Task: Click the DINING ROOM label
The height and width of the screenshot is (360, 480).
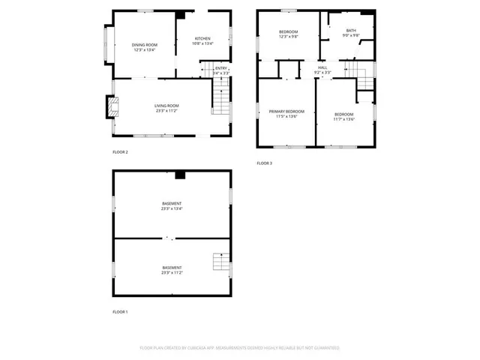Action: (144, 45)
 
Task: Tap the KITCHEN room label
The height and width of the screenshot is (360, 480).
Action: (202, 38)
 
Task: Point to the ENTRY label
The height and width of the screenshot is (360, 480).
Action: (221, 68)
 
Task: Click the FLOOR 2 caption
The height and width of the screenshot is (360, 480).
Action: (120, 152)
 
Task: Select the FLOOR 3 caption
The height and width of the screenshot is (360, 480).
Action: (264, 163)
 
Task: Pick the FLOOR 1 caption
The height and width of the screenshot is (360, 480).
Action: (120, 311)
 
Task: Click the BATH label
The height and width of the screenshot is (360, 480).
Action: (351, 30)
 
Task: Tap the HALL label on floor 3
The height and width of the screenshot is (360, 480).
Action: (322, 67)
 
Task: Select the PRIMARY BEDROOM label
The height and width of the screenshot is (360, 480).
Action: (286, 112)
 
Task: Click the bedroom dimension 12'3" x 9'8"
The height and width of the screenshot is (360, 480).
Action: (289, 37)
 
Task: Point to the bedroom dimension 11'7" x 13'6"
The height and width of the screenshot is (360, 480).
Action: (344, 119)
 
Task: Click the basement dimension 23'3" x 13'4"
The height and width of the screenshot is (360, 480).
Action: (172, 209)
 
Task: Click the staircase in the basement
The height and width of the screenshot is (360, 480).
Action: (220, 262)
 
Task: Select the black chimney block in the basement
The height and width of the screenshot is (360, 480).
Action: (180, 175)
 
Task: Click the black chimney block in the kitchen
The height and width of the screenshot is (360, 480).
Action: (181, 15)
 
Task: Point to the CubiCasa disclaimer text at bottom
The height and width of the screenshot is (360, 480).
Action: (240, 348)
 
